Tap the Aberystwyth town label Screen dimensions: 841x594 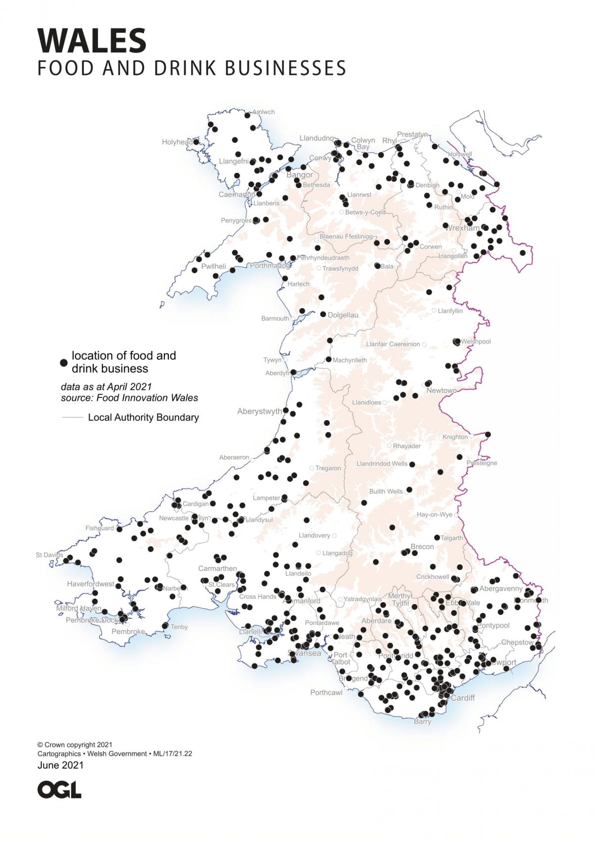[x=259, y=411]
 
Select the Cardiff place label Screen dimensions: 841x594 [x=463, y=698]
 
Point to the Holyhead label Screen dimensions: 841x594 [x=177, y=142]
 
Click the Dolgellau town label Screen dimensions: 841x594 [x=343, y=315]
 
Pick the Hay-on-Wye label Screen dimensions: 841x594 [x=434, y=514]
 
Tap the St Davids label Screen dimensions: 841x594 [x=49, y=555]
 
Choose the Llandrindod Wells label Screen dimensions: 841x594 [x=382, y=464]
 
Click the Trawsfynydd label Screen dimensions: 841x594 [x=340, y=269]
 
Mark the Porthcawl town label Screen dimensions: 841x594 [x=326, y=692]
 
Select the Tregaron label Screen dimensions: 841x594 [x=328, y=468]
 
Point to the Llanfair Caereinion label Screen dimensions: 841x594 [x=393, y=344]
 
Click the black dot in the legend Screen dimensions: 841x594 [x=63, y=362]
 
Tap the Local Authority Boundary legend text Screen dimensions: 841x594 [x=143, y=417]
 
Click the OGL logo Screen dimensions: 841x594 [x=59, y=790]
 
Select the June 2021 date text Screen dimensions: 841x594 [x=60, y=765]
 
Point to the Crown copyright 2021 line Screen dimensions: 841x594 [x=75, y=744]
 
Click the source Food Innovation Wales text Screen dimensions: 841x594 [x=129, y=398]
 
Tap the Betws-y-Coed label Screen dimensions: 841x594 [x=365, y=212]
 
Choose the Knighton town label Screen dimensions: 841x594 [x=455, y=437]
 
